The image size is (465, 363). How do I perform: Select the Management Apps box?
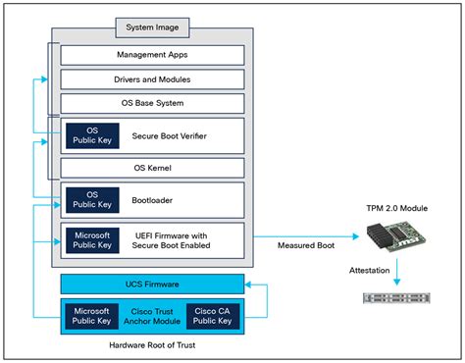point(152,55)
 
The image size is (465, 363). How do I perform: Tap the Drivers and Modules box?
point(152,78)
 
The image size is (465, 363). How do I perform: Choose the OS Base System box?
point(152,102)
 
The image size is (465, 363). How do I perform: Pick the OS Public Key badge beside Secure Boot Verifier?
point(91,135)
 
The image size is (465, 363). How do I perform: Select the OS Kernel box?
point(152,168)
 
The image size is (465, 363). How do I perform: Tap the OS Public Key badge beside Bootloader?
point(91,199)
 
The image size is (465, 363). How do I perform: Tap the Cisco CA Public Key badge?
point(212,316)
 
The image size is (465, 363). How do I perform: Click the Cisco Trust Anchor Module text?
point(152,316)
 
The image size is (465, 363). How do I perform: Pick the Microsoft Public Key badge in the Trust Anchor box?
point(92,316)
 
